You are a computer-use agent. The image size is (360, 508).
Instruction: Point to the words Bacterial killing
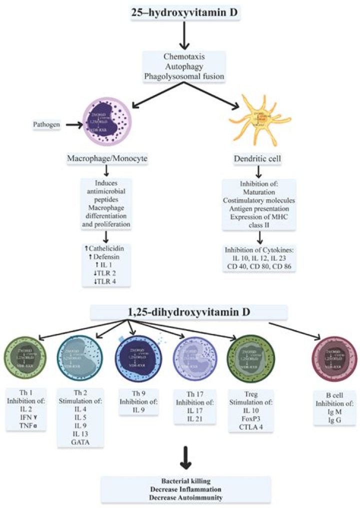click(x=185, y=481)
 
